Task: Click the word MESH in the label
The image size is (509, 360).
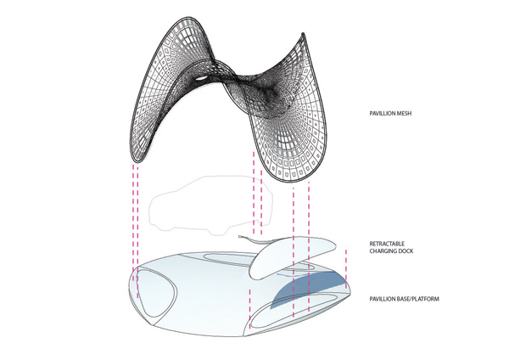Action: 404,114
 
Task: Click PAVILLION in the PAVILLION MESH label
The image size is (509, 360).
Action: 382,114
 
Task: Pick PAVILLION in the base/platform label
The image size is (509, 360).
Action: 383,299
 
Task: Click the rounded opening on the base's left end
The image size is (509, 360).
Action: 137,292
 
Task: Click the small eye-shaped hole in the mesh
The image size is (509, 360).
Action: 201,79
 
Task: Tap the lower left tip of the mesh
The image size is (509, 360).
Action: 136,160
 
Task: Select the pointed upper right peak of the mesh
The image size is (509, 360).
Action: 303,34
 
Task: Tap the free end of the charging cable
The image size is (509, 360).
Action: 240,237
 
